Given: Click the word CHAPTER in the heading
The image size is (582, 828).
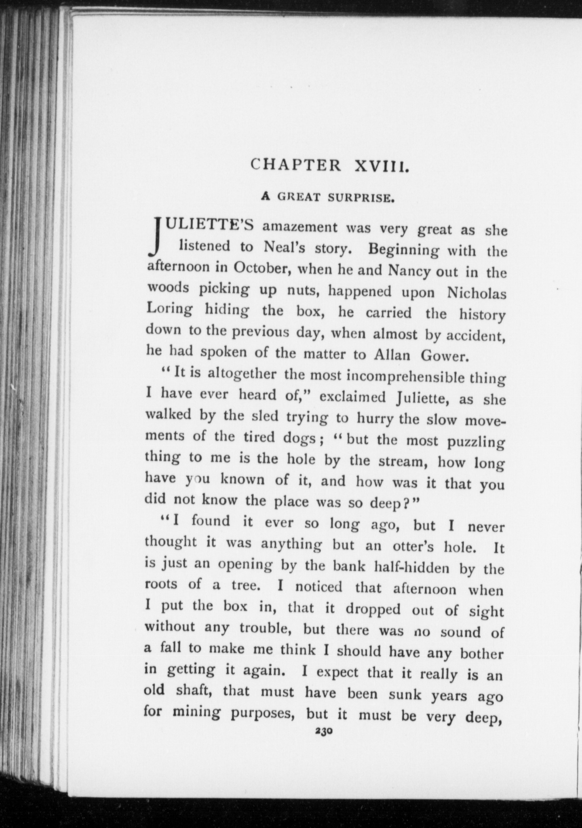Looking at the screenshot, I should (x=296, y=165).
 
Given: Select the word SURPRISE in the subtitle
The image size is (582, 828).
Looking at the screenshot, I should (x=361, y=198).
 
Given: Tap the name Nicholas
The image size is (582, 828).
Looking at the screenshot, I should (x=477, y=294).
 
